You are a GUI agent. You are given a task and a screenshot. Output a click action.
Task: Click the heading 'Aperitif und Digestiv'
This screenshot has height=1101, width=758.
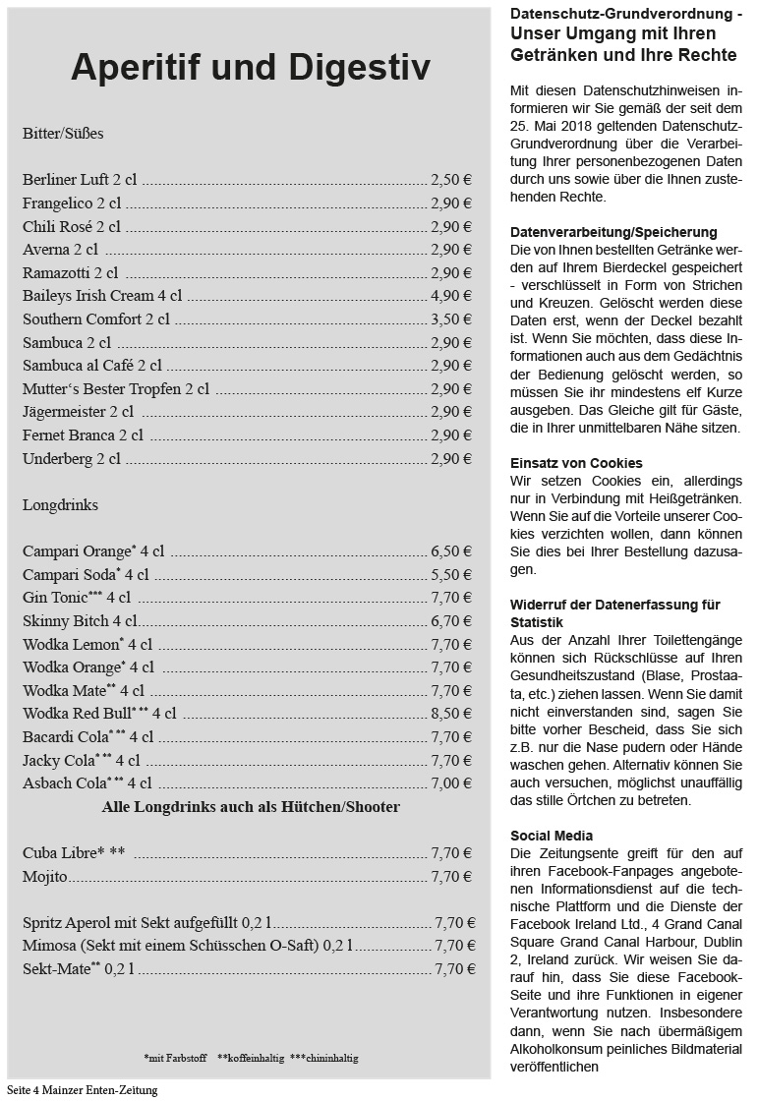coord(250,68)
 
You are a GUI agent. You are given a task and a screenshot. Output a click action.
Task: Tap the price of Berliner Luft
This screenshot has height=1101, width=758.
coord(450,180)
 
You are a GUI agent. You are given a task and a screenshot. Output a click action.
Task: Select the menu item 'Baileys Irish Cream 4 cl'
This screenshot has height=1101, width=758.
coord(102,295)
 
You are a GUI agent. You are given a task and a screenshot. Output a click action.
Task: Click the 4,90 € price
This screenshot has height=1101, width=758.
coord(450,295)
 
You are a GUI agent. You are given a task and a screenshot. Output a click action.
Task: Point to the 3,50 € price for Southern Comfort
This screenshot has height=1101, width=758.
coord(450,319)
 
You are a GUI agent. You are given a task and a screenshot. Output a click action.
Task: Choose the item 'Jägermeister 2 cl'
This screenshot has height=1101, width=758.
coord(78,412)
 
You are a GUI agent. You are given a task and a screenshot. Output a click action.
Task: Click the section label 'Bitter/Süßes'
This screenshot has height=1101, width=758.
coord(63,133)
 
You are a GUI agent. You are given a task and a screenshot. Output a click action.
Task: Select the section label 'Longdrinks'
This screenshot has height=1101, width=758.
coord(60,505)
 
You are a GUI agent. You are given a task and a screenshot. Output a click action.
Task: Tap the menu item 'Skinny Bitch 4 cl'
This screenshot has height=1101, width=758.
coord(80,621)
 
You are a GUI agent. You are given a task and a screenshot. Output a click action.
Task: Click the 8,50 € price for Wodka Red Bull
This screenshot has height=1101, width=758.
coord(450,714)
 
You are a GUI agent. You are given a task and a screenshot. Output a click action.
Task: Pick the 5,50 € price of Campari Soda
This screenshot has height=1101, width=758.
coord(450,575)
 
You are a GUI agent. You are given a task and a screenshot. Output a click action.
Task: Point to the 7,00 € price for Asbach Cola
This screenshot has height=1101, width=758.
coord(450,783)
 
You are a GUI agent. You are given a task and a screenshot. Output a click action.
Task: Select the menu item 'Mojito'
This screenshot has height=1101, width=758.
coord(45,877)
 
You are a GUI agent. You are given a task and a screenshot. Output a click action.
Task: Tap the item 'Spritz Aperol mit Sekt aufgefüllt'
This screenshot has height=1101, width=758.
coord(146,923)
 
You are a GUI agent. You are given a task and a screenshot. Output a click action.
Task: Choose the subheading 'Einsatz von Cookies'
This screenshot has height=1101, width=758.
coord(576,463)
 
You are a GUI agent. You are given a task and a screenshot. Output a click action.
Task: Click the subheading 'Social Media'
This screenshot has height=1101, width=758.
coord(552,836)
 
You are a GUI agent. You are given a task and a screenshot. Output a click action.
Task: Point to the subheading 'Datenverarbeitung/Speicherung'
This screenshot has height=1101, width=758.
coord(613,232)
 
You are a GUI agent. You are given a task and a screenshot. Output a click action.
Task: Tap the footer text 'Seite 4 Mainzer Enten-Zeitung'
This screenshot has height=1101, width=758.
coord(82,1090)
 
